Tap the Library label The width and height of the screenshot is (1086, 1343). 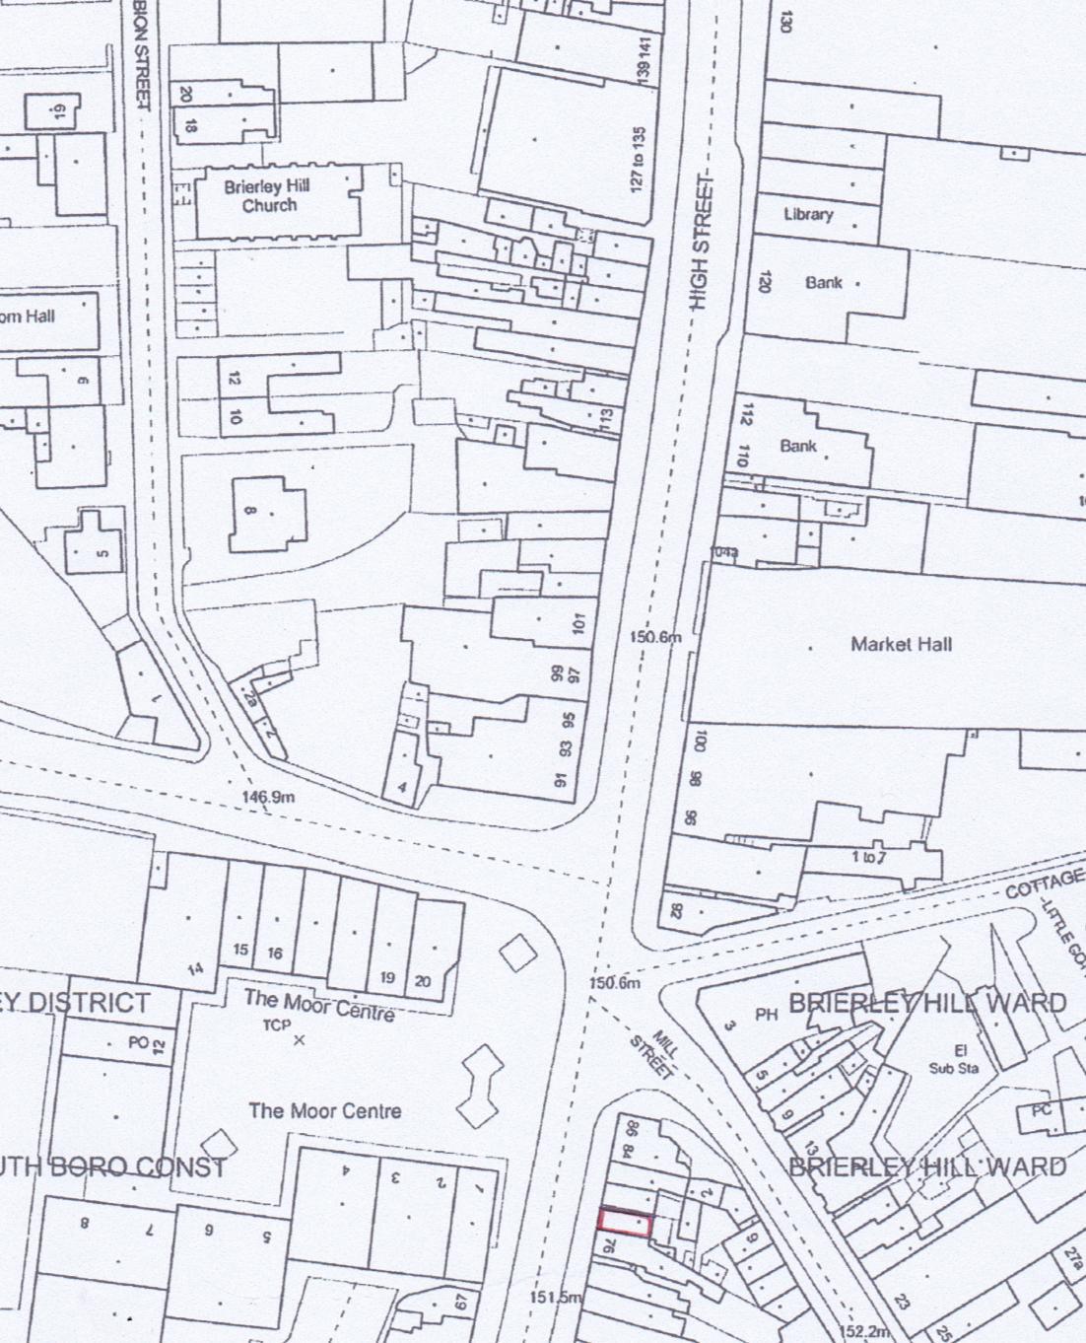[808, 214]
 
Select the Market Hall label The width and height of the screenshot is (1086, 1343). [901, 644]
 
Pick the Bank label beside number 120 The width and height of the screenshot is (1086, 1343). [824, 283]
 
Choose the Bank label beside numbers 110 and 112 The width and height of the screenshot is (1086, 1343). [798, 446]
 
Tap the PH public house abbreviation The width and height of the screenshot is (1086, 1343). [767, 1013]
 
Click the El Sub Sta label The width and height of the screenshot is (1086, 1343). [954, 1059]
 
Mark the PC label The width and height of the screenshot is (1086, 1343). [1041, 1110]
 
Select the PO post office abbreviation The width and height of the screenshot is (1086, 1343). [138, 1041]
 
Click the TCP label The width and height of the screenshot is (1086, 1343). [276, 1025]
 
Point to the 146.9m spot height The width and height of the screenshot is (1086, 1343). [268, 797]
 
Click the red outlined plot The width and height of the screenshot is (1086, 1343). [625, 1223]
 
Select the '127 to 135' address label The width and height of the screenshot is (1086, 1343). [639, 159]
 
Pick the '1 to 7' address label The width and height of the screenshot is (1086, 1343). [868, 857]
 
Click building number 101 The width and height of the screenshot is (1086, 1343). [578, 623]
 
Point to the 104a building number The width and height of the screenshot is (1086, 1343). [725, 552]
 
